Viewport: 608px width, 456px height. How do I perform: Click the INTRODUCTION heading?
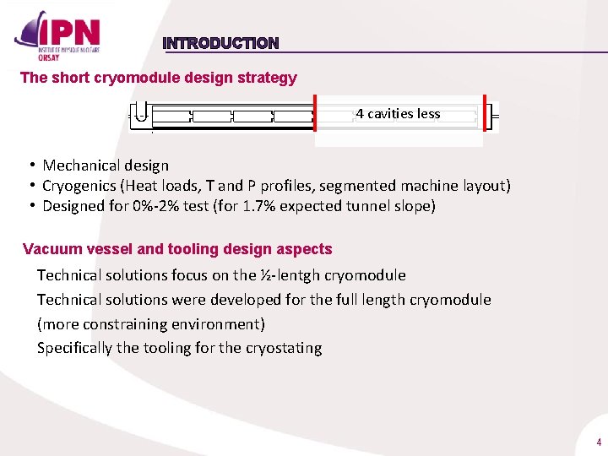tap(220, 43)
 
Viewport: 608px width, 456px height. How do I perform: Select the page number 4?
tap(598, 442)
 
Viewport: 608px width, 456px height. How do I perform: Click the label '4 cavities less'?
tap(398, 113)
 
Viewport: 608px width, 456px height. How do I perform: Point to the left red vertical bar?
tap(315, 114)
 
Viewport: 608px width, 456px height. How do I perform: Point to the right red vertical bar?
tap(485, 113)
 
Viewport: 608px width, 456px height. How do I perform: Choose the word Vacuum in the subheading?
tap(49, 249)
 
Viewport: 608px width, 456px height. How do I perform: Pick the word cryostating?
tap(284, 348)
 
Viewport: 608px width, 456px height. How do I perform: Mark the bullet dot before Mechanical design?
tap(30, 166)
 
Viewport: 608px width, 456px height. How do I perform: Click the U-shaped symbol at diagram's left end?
tap(141, 115)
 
